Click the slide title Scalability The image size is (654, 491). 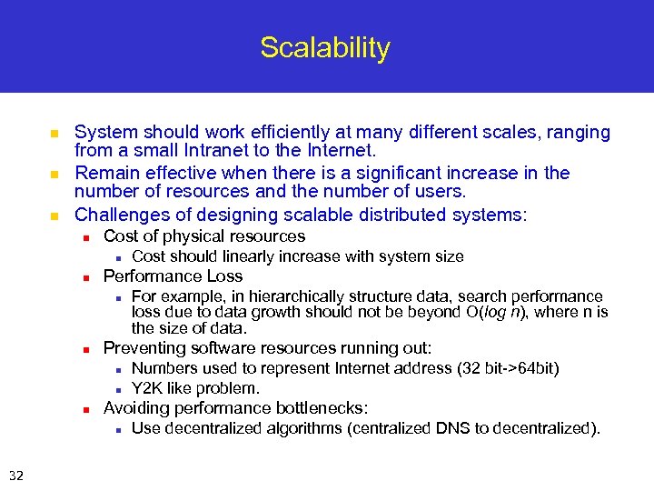tap(325, 47)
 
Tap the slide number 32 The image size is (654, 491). tap(16, 474)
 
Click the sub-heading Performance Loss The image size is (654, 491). tap(173, 276)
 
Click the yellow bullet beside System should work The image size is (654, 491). tap(54, 134)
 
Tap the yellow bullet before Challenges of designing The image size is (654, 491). tap(54, 216)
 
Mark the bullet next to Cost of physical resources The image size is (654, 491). tap(84, 237)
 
